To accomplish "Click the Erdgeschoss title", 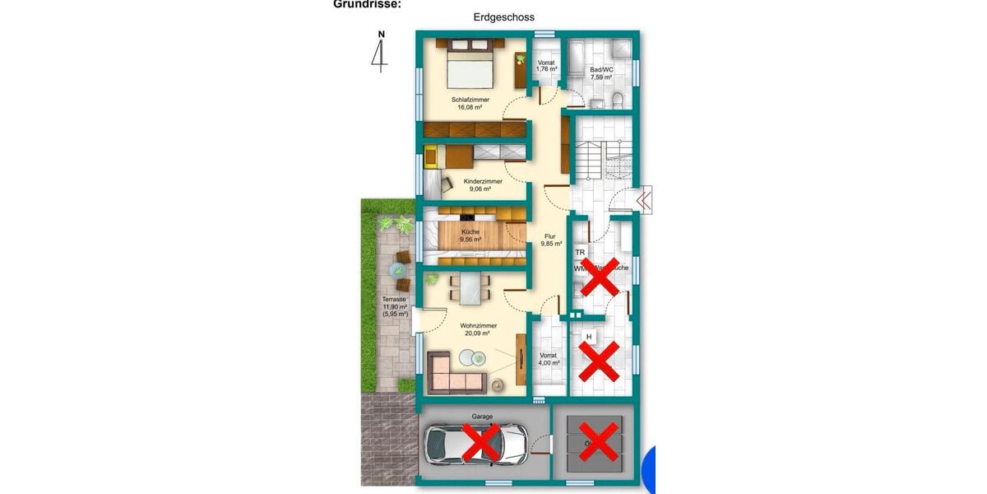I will point(504,16).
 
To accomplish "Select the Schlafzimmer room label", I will point(470,103).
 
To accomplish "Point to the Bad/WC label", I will point(602,73).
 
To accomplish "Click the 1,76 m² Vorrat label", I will point(547,66).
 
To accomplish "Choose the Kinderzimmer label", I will point(483,184).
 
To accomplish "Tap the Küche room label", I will point(470,235).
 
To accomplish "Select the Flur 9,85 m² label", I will point(551,240).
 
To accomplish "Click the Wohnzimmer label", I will point(478,329).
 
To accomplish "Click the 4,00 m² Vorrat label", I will point(549,359).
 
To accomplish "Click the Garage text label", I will point(482,417).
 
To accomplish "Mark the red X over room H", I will point(600,361).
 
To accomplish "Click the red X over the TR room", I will point(600,277).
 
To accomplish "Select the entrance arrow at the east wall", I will point(642,198).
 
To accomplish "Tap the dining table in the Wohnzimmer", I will point(471,287).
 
